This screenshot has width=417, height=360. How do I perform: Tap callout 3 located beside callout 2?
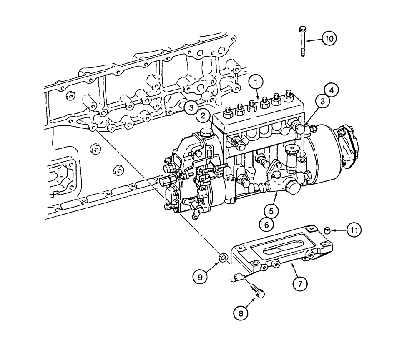tap(190, 107)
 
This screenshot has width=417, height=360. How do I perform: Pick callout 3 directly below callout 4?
tap(323, 101)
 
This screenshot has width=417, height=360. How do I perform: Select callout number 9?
tap(201, 275)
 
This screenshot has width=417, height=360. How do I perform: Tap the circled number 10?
tap(329, 39)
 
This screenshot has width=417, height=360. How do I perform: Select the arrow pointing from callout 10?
tap(313, 39)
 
